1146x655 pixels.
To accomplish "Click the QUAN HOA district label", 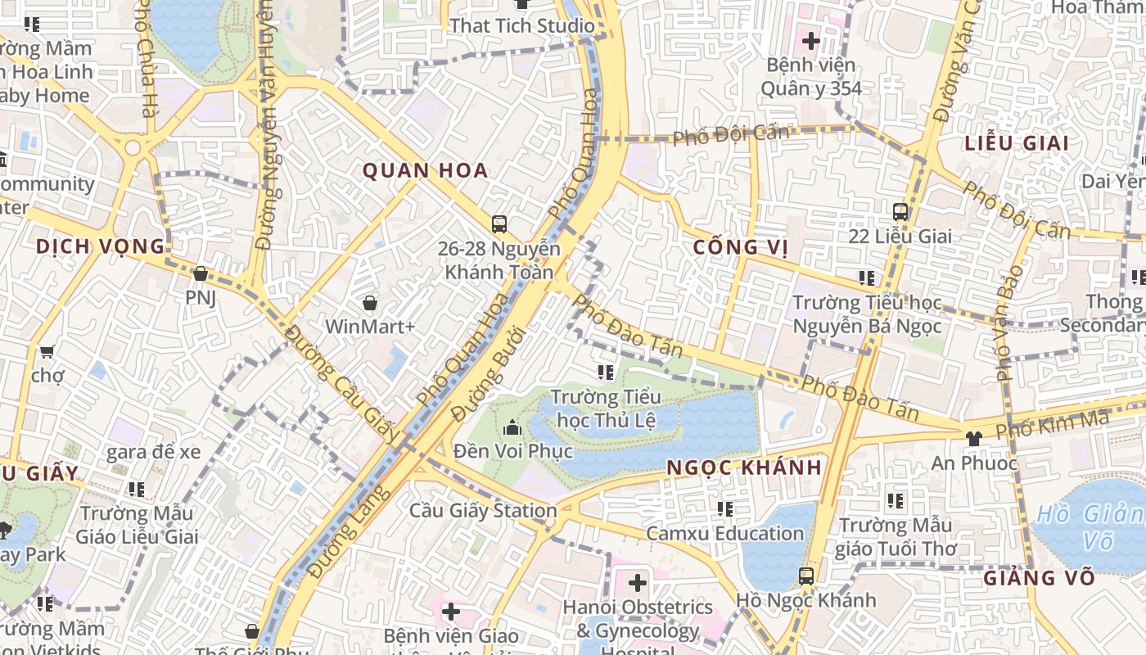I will coord(425,170).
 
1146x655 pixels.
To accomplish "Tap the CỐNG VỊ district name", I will coord(740,247).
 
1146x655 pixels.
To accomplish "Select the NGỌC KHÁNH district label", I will coord(743,468).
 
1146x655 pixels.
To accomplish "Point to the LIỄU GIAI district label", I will coord(1017,143).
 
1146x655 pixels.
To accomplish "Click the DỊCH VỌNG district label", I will coord(100,246).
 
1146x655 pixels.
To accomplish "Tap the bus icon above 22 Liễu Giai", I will coord(900,212).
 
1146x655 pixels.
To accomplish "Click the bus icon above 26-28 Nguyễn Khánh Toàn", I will coord(499,224).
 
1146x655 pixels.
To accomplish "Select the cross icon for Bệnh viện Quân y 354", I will coord(810,39).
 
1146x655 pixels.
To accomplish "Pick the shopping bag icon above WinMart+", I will coord(370,304).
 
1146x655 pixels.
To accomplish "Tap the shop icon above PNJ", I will coord(200,273).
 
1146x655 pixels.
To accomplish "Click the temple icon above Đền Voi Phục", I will coord(512,427).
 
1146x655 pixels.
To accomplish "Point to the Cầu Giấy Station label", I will coord(483,511).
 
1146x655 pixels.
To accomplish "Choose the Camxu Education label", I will coord(724,534).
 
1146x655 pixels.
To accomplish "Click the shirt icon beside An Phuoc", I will coord(973,439).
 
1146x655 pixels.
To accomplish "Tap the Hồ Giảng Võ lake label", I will coord(1089,527).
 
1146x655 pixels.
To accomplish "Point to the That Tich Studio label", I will coord(521,25).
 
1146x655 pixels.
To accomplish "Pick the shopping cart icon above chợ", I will coord(47,351).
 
